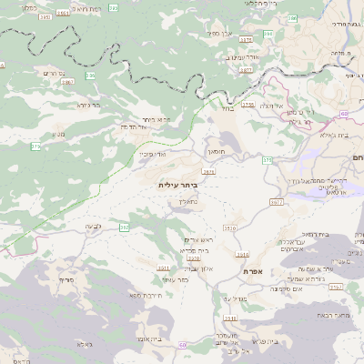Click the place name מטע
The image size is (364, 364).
pos(58,134)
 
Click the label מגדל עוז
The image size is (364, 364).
pos(234,298)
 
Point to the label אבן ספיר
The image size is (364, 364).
pos(221,34)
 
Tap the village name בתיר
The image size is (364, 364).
pos(227,107)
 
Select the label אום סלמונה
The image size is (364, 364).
pos(286,288)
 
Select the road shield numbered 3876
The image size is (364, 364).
pos(209,170)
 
